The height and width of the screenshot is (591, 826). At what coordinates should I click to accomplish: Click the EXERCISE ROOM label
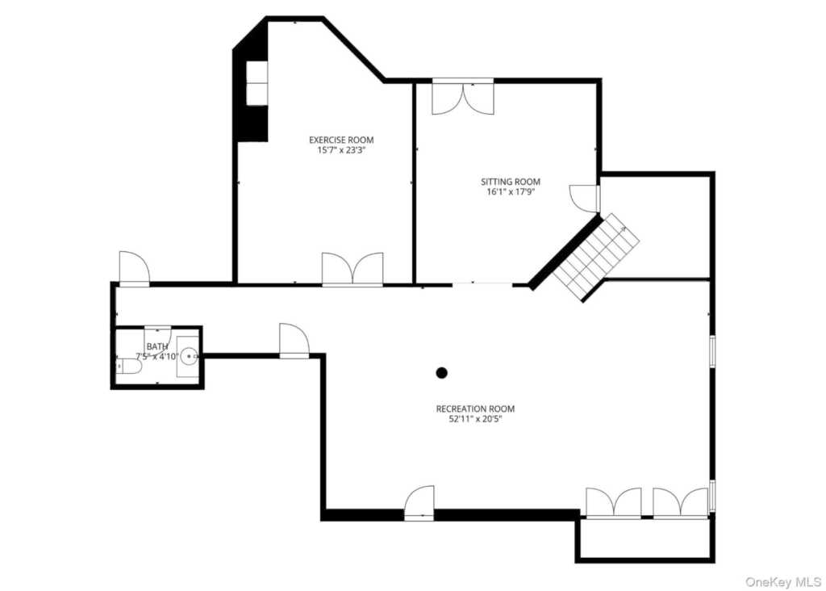[341, 140]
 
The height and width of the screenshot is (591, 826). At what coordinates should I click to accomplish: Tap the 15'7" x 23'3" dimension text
[341, 150]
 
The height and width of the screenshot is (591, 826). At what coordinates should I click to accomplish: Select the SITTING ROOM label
[511, 182]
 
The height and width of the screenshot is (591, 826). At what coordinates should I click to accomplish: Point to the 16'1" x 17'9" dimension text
[511, 192]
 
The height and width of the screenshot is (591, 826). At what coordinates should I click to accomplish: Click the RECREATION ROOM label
[475, 409]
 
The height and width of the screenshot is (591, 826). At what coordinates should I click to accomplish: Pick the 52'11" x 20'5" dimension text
[475, 419]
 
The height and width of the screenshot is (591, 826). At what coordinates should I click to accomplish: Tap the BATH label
[157, 346]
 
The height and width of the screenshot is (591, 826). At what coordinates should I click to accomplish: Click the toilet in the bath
[130, 367]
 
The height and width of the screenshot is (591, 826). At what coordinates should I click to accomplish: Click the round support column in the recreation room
[441, 372]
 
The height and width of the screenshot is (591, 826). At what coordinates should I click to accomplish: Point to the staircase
[596, 254]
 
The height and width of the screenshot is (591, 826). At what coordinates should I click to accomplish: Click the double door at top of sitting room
[463, 97]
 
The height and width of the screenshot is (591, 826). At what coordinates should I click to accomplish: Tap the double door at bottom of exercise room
[353, 269]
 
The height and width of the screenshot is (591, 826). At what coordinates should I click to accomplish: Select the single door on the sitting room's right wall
[585, 198]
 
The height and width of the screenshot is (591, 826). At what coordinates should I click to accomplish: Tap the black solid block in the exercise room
[250, 89]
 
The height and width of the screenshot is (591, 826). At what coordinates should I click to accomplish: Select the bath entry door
[157, 328]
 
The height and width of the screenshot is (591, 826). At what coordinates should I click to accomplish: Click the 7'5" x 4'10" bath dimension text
[157, 356]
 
